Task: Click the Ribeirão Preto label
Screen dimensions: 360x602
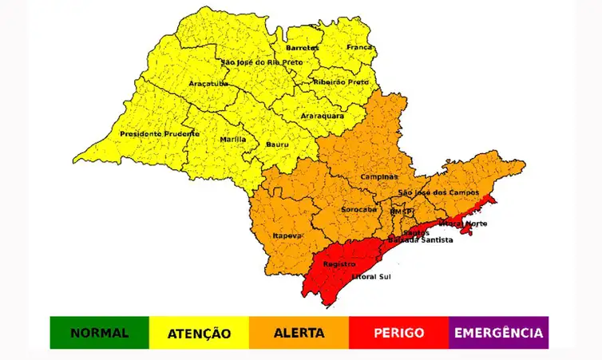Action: click(342, 81)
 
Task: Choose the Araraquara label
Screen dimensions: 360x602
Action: click(323, 116)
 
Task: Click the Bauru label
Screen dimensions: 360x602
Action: click(276, 144)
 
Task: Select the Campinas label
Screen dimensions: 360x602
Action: click(379, 176)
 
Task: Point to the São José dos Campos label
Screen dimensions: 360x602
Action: click(438, 193)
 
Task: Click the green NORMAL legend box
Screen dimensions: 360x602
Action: click(99, 333)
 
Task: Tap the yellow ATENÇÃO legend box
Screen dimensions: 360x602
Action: click(199, 333)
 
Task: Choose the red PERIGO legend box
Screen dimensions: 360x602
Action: click(398, 333)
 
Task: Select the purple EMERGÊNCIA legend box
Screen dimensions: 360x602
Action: click(498, 333)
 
